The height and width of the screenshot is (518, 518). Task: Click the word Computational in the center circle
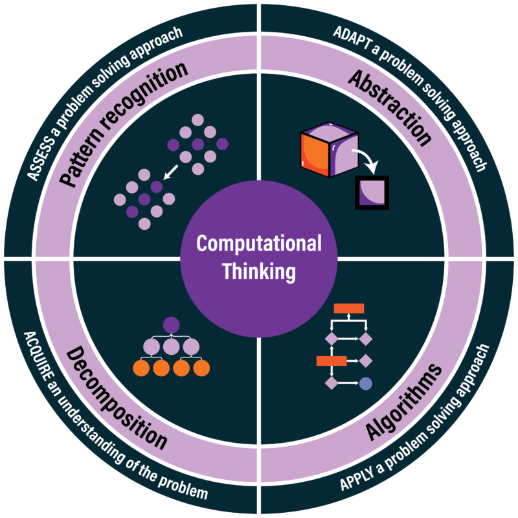click(x=259, y=244)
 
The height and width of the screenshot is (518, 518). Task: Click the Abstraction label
click(x=389, y=106)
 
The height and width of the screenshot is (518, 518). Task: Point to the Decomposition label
click(x=117, y=398)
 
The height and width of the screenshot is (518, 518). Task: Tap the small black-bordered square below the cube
click(x=372, y=192)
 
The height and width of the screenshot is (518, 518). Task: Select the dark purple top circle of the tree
click(x=171, y=325)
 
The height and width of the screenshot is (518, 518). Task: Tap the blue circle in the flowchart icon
click(x=365, y=383)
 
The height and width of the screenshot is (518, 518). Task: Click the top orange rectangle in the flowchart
click(x=348, y=308)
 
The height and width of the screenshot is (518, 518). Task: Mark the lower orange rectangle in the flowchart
click(x=330, y=361)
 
